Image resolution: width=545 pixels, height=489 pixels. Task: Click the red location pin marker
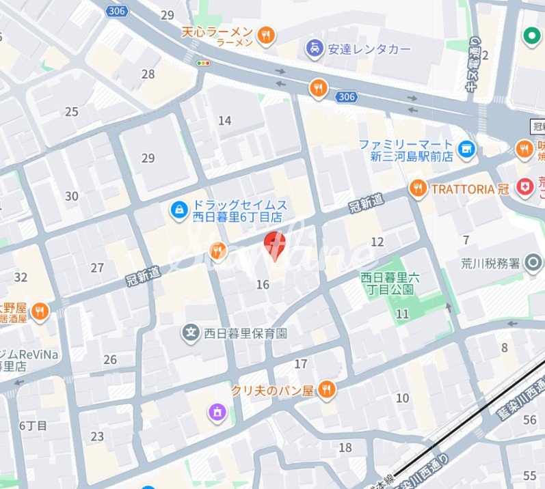(274, 245)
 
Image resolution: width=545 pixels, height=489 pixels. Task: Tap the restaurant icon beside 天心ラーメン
(266, 34)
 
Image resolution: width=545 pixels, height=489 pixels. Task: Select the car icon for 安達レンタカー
(314, 49)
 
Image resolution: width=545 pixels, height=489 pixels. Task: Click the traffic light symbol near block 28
(203, 63)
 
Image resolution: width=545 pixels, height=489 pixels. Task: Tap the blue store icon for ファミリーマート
(467, 149)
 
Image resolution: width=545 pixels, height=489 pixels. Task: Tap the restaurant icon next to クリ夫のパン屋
(327, 389)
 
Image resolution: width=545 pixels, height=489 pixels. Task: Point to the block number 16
(263, 284)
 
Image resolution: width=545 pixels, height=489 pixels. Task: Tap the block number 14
(224, 121)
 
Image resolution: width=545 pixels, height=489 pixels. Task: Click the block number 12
(377, 242)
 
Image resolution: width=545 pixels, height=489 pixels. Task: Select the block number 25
(72, 112)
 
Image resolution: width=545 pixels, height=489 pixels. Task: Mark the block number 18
(345, 447)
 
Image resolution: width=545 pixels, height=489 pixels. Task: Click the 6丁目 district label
(33, 425)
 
